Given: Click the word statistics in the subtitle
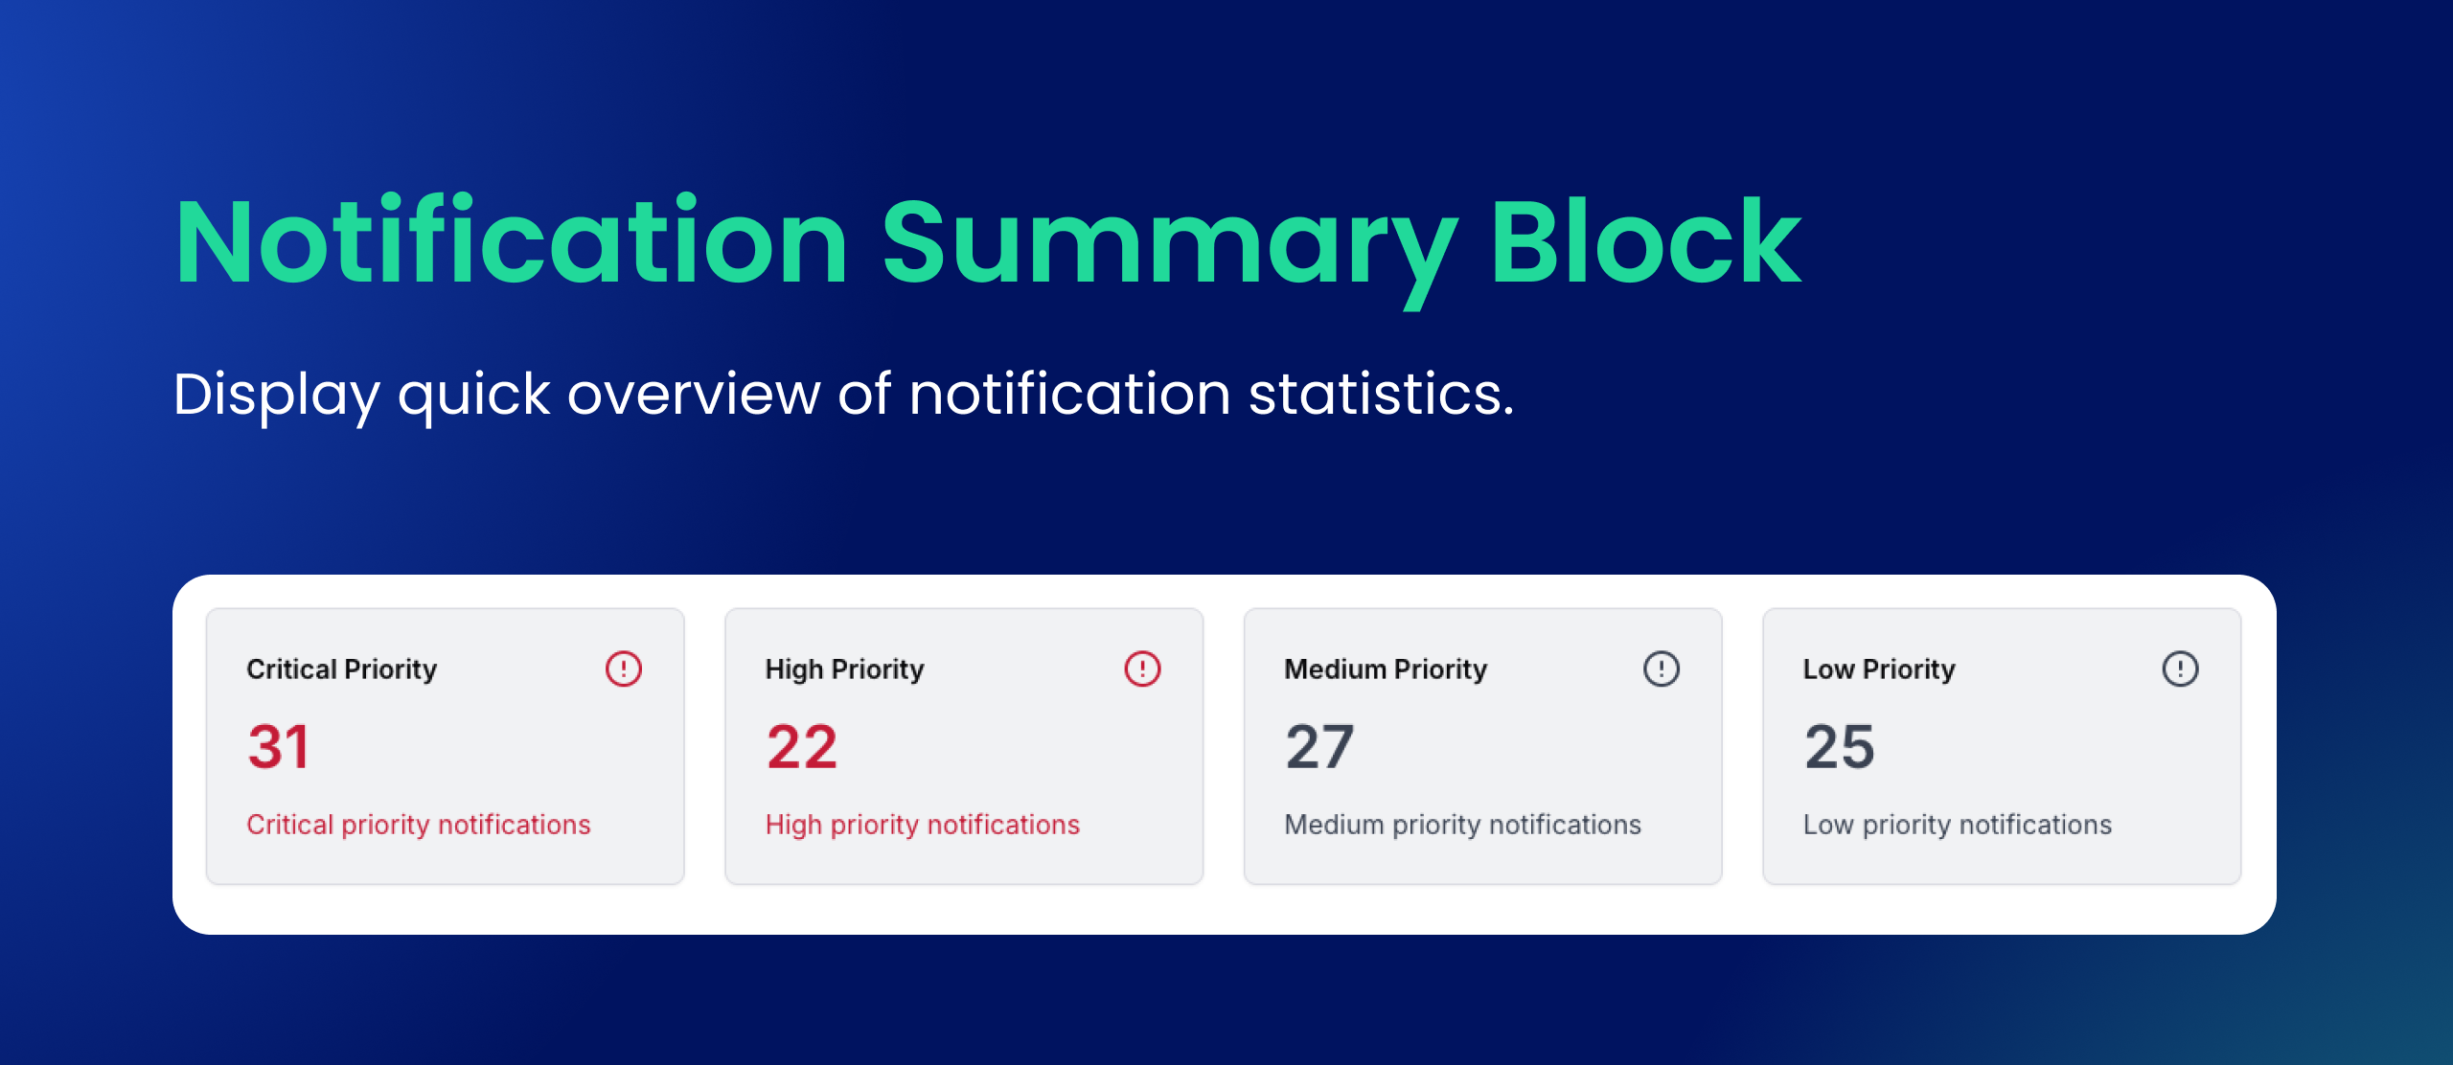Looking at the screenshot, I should click(1381, 394).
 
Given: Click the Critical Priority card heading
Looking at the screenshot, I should click(341, 668).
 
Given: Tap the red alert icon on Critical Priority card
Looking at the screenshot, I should click(624, 668).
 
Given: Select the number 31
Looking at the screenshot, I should click(278, 747).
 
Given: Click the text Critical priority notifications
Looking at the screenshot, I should click(418, 825).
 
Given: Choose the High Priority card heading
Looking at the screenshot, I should click(844, 668).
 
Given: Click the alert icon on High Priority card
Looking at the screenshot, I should click(1142, 668).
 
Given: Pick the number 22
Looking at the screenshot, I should click(801, 747).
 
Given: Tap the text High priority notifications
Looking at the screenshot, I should click(922, 825).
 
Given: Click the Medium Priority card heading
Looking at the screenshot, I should click(1386, 668).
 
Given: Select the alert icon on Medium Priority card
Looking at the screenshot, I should click(1662, 668).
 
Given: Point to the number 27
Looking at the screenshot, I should click(1319, 747).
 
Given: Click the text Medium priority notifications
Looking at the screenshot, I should click(1462, 825).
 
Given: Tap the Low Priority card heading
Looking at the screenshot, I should click(1878, 668).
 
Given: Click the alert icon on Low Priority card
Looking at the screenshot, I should click(2180, 668).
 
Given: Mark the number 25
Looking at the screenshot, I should click(1839, 747).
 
